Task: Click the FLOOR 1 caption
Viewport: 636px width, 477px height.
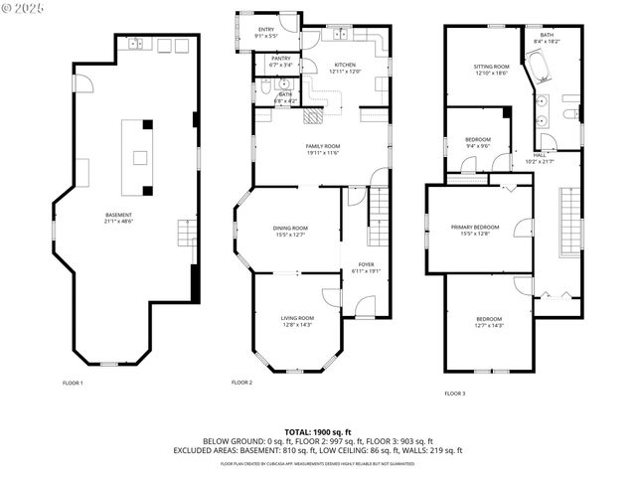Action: pyautogui.click(x=73, y=383)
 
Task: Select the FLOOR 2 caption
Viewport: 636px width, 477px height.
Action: pyautogui.click(x=241, y=383)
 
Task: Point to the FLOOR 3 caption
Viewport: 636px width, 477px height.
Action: pyautogui.click(x=455, y=394)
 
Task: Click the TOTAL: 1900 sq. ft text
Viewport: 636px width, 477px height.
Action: pyautogui.click(x=318, y=432)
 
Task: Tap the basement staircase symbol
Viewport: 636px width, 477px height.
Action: pyautogui.click(x=184, y=235)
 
